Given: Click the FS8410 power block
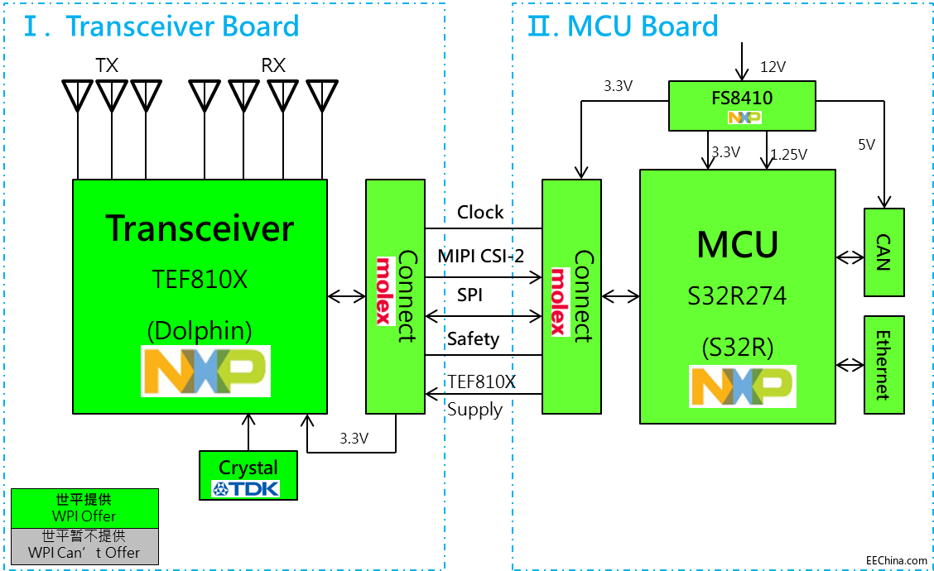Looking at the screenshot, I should tap(741, 105).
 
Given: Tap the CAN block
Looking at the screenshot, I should tap(884, 252).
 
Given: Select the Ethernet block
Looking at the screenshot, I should tap(884, 365).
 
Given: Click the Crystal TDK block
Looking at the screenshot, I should tap(248, 475).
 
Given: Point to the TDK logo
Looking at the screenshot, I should tap(246, 488).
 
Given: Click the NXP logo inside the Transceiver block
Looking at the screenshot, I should tap(205, 372).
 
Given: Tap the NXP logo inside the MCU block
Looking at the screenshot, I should tap(743, 386).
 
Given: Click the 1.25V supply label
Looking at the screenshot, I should tap(788, 154).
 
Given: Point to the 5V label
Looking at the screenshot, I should tap(866, 145).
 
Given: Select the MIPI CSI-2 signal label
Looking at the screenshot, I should tap(481, 256).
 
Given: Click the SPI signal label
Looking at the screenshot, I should tap(469, 295).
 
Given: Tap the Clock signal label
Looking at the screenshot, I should tap(480, 213).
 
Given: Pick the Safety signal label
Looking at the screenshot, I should tap(473, 338).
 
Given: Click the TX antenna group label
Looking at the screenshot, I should tap(107, 65).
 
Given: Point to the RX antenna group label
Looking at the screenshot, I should tap(273, 65).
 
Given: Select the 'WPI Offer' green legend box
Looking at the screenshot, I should tap(84, 508).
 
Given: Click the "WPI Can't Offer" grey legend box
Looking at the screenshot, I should tap(84, 545).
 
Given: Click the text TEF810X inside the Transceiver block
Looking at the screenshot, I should tap(200, 281).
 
